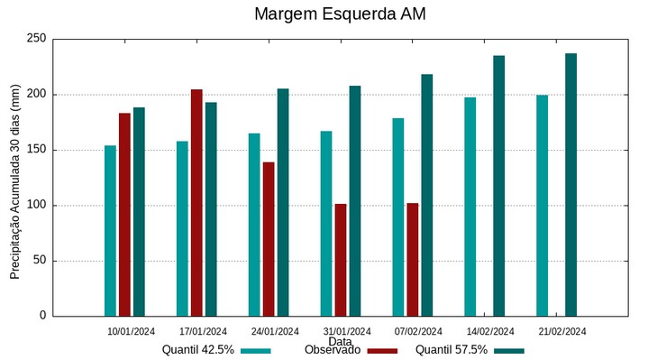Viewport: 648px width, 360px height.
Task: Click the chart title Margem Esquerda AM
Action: click(x=340, y=14)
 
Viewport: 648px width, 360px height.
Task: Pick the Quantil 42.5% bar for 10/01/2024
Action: click(x=110, y=230)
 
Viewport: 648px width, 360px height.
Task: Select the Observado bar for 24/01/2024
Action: click(x=269, y=238)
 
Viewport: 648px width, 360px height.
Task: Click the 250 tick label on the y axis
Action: click(x=36, y=39)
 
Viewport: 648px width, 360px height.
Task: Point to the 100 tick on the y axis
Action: click(x=36, y=205)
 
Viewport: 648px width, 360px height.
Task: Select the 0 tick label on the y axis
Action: click(x=41, y=316)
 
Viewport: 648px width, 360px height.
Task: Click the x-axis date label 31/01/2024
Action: click(x=347, y=331)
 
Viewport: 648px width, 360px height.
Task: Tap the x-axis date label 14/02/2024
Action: click(x=490, y=331)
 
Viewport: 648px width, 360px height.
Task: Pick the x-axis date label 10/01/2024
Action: click(x=132, y=331)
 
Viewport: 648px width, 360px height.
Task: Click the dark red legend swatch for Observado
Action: click(x=383, y=351)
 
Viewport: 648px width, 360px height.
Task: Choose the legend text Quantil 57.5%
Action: click(x=452, y=349)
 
